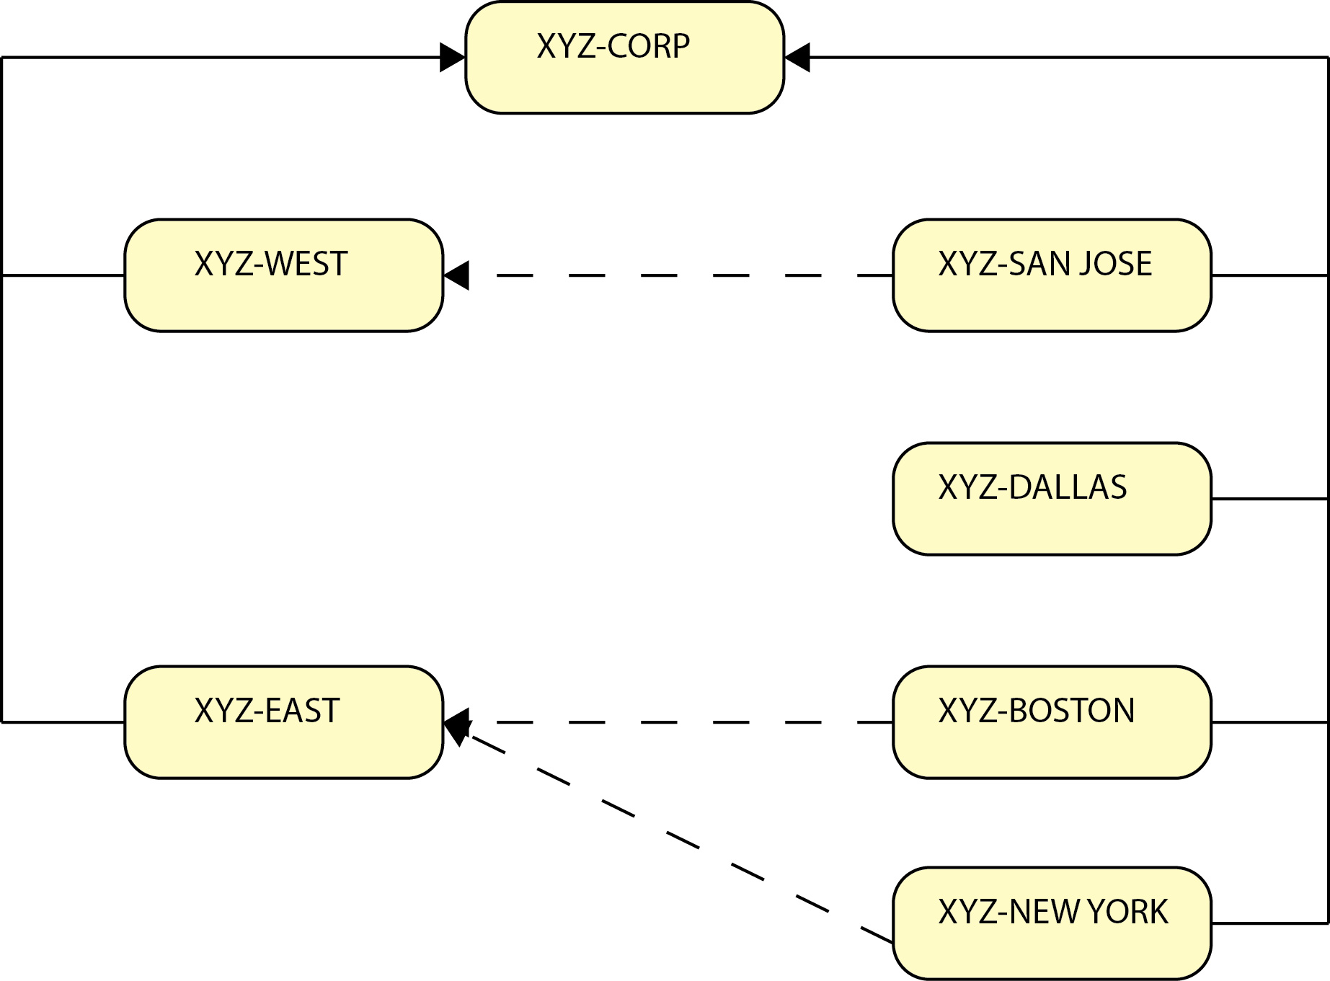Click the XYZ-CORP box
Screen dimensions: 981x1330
[624, 58]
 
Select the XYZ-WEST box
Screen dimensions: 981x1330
[283, 275]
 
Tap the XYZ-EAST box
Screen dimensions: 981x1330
[283, 722]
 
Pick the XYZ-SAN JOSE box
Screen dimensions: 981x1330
[1051, 275]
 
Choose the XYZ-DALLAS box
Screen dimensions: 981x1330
[1051, 499]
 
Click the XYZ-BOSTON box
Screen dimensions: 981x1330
[1051, 722]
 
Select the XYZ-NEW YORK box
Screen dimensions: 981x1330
[1051, 923]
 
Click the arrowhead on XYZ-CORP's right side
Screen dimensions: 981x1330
[797, 58]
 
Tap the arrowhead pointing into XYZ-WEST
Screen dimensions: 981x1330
[456, 275]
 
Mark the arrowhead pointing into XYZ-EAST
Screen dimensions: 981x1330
[456, 723]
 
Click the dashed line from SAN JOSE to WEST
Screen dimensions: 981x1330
[660, 275]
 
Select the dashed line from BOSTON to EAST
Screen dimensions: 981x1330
[660, 722]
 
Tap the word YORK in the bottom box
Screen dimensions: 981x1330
[1127, 912]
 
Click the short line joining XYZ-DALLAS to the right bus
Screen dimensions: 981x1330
[1269, 499]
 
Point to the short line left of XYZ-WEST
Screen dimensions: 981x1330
[63, 275]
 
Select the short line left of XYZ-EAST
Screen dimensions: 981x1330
[63, 722]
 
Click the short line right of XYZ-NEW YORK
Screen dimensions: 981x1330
[1269, 923]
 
